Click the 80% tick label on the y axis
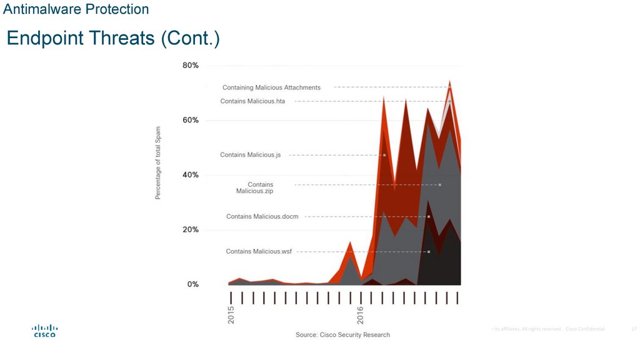(190, 66)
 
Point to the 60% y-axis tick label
(190, 120)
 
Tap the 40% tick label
(190, 175)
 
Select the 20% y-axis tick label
(190, 229)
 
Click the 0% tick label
(192, 284)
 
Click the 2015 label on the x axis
(231, 314)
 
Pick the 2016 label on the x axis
(360, 314)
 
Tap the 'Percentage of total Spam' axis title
(158, 162)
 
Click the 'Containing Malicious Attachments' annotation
(271, 87)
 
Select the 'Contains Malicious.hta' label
(252, 101)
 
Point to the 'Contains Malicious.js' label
(250, 155)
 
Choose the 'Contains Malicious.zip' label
(255, 188)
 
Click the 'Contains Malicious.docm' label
(262, 217)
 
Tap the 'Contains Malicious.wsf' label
(259, 251)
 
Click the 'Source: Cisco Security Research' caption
(342, 335)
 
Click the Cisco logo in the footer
(44, 331)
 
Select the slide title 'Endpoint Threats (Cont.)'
(113, 39)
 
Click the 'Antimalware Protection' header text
(76, 9)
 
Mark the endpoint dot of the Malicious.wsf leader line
(429, 252)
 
